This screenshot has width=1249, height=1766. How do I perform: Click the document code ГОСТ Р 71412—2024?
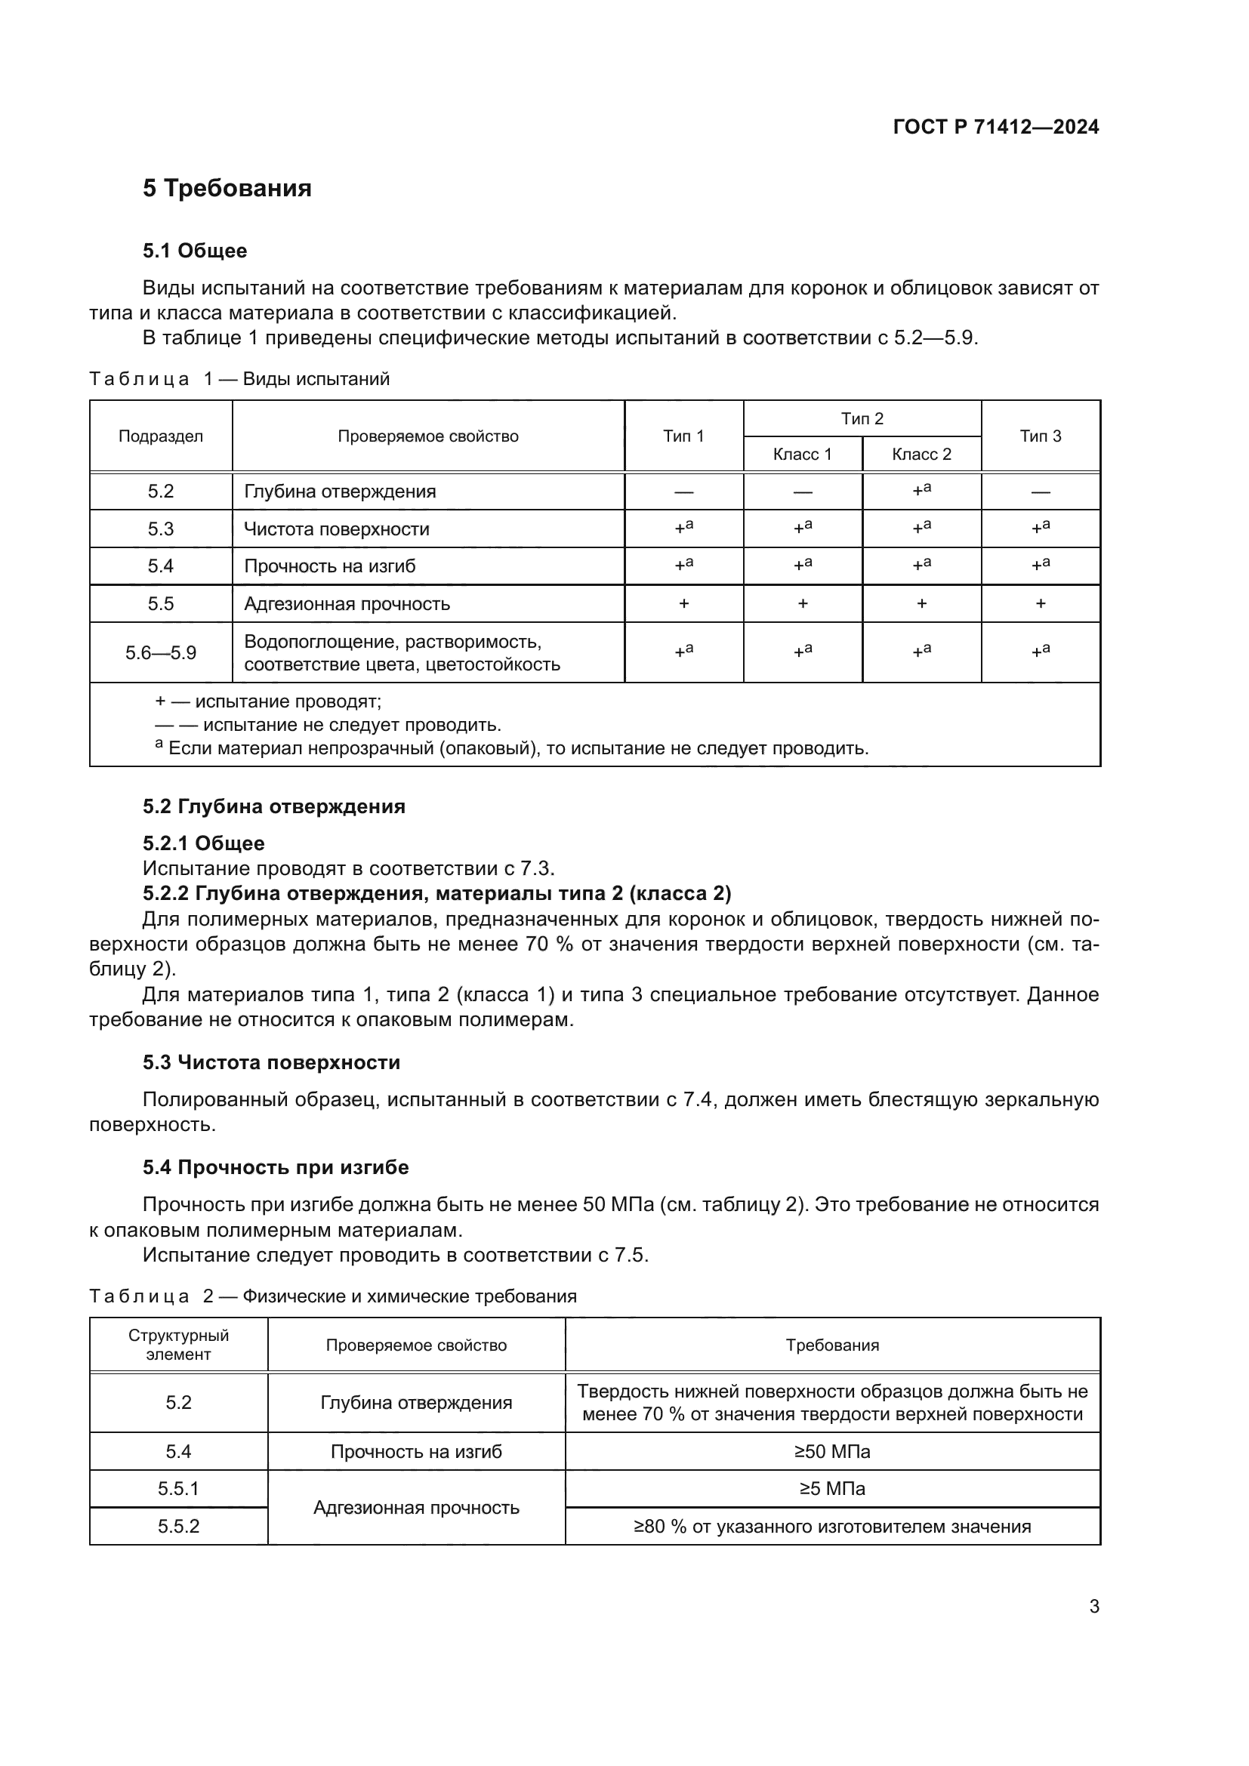tap(996, 128)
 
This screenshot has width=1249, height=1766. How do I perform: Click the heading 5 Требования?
tap(227, 189)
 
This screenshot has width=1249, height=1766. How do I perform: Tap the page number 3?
tap(1093, 1607)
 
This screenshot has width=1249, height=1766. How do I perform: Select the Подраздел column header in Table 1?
tap(161, 436)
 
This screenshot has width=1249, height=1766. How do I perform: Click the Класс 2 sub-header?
tap(921, 455)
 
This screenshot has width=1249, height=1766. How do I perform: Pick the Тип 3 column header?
tap(1040, 436)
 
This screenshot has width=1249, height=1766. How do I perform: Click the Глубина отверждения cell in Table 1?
tap(340, 492)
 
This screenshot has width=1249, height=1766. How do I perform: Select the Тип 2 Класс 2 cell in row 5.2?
tap(921, 491)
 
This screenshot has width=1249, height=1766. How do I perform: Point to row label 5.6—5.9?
tap(161, 653)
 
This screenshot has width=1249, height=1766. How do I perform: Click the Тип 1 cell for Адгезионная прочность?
tap(683, 604)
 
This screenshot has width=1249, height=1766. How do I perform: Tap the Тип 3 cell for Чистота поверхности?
tap(1040, 529)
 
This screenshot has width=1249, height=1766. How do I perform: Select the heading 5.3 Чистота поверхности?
tap(272, 1062)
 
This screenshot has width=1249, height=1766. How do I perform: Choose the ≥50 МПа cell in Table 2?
tap(832, 1451)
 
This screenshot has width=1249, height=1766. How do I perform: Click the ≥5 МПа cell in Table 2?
tap(832, 1488)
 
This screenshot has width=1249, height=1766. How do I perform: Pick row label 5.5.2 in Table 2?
tap(178, 1526)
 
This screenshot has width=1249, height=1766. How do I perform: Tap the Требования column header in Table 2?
tap(832, 1345)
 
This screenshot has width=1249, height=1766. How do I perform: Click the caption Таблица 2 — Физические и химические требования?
tap(332, 1296)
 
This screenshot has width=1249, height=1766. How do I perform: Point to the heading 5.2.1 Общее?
tap(204, 843)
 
